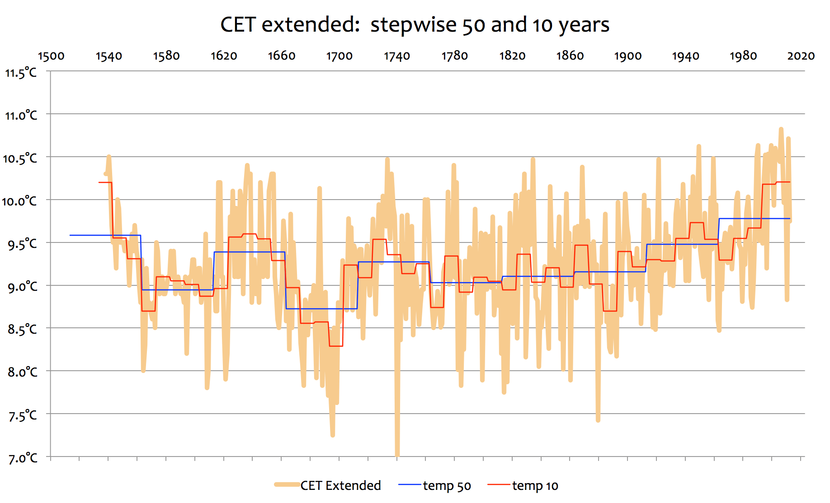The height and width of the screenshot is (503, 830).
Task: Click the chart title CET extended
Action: point(289,24)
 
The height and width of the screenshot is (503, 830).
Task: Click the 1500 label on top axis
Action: point(51,56)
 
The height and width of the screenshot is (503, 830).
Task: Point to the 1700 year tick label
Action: point(339,56)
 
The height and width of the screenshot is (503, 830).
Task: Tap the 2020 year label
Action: point(801,56)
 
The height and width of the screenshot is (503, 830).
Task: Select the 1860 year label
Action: point(570,56)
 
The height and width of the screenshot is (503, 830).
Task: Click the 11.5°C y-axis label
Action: point(20,73)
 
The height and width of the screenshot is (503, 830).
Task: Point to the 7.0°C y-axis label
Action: point(23,458)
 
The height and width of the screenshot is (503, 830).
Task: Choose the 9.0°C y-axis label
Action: point(23,286)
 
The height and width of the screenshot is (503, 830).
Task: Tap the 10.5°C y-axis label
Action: point(20,158)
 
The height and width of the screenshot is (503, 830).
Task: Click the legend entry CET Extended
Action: point(340,485)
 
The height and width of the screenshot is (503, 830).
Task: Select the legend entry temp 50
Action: point(447,486)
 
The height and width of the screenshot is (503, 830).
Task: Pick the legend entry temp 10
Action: point(535,486)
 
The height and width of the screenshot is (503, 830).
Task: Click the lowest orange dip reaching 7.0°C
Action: point(397,454)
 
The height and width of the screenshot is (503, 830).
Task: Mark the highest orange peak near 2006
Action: point(781,130)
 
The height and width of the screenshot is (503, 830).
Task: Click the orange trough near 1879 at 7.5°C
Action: point(598,419)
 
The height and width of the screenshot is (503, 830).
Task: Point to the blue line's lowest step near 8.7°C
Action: point(321,309)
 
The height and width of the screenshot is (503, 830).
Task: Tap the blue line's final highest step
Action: point(755,219)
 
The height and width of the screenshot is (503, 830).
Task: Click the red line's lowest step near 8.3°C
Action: point(336,346)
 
